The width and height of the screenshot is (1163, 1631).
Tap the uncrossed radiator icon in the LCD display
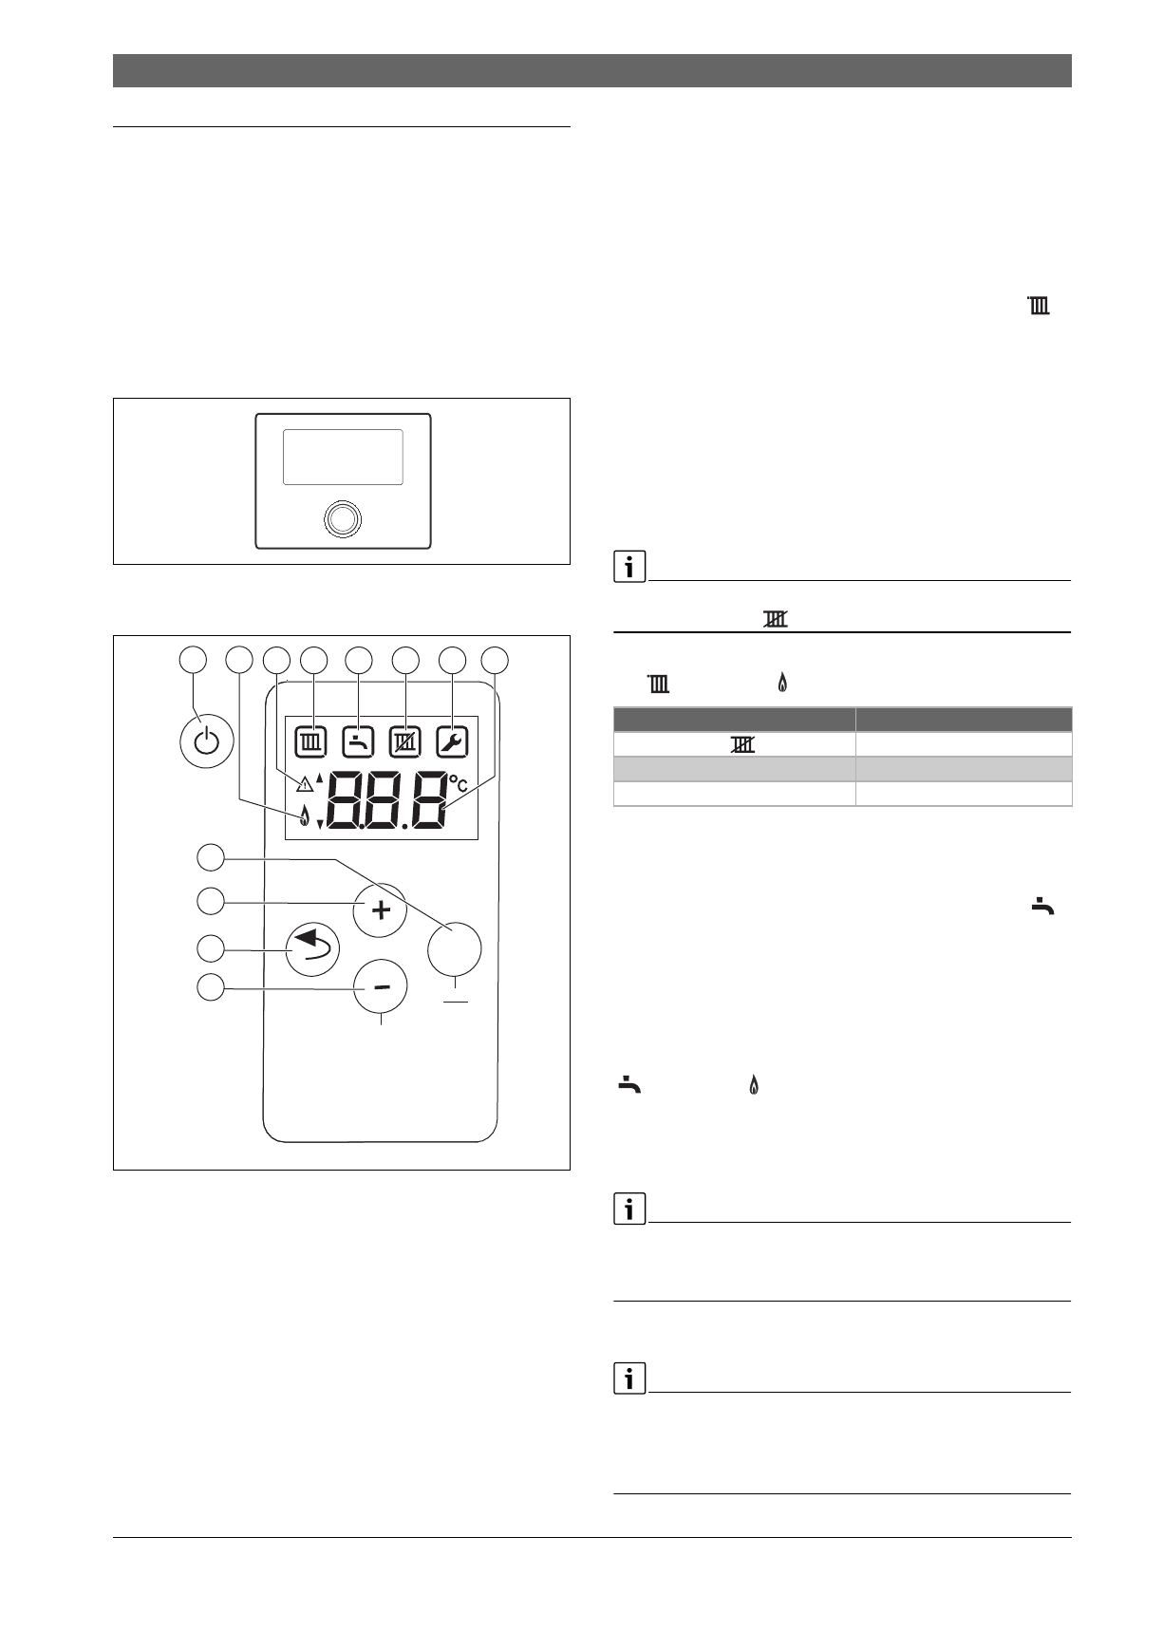click(310, 741)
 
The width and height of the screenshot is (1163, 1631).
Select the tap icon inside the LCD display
click(358, 741)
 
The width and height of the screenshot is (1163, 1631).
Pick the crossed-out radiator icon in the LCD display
click(404, 741)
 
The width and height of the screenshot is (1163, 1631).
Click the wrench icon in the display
click(452, 741)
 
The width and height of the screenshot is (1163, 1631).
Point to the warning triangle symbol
click(304, 784)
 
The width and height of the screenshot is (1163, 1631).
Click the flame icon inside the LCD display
click(304, 815)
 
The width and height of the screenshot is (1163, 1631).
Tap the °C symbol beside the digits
click(459, 784)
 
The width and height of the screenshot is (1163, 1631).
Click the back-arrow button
click(313, 948)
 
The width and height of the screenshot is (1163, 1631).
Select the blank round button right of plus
click(455, 947)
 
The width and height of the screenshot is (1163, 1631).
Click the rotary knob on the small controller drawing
click(343, 518)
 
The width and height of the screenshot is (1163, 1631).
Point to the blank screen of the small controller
click(343, 457)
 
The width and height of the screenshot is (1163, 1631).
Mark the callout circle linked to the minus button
click(211, 987)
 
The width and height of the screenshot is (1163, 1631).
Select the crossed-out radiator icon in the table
click(741, 746)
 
